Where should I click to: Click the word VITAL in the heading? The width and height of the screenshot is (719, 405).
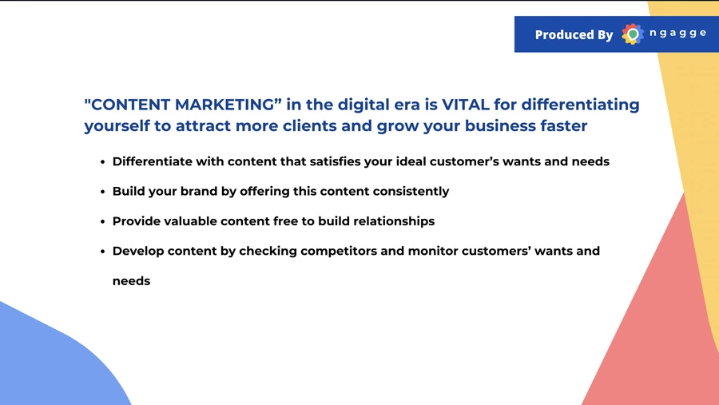(466, 105)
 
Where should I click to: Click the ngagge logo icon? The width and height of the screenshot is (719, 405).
(633, 34)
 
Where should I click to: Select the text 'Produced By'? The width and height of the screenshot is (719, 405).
(574, 35)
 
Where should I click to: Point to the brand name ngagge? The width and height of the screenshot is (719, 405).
(677, 33)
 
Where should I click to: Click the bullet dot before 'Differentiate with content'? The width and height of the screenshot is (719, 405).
(103, 162)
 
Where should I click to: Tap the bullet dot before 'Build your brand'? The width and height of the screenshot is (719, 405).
(103, 192)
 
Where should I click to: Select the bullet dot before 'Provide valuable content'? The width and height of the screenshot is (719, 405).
(103, 221)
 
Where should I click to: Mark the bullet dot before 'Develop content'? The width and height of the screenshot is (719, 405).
(103, 252)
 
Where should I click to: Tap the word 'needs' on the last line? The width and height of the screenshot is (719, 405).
(131, 280)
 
